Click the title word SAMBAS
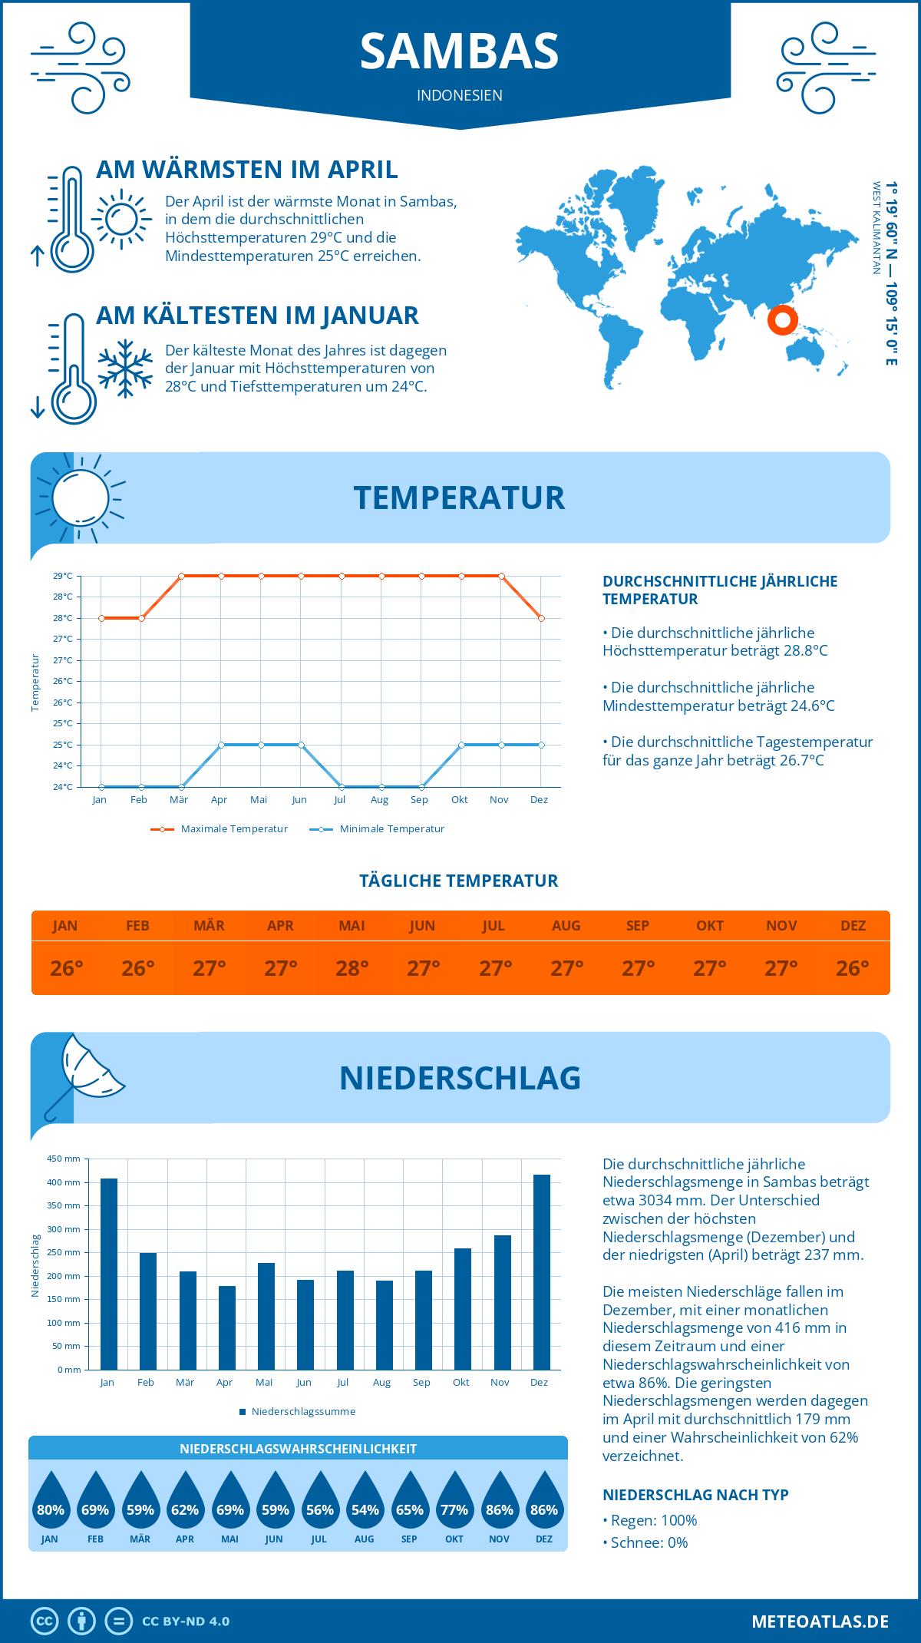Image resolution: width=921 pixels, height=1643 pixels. pyautogui.click(x=460, y=51)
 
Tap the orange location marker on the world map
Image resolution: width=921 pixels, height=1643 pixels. pyautogui.click(x=782, y=320)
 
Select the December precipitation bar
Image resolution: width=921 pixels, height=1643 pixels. pyautogui.click(x=542, y=1271)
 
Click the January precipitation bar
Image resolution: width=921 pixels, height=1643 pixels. pyautogui.click(x=109, y=1274)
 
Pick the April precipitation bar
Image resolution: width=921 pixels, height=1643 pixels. pyautogui.click(x=227, y=1327)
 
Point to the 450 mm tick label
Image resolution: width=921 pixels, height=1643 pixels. pyautogui.click(x=64, y=1159)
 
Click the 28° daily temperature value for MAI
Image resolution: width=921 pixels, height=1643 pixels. pyautogui.click(x=352, y=968)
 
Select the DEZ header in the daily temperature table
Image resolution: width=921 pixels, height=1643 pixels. pyautogui.click(x=853, y=925)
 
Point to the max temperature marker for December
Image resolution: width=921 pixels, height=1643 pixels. pyautogui.click(x=541, y=618)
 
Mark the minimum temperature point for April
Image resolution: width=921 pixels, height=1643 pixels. pyautogui.click(x=221, y=745)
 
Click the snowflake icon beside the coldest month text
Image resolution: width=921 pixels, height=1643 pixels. pyautogui.click(x=125, y=369)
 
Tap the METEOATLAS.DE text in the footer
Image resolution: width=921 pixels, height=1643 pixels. pyautogui.click(x=820, y=1622)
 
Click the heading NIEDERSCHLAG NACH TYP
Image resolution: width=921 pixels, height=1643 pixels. pyautogui.click(x=695, y=1495)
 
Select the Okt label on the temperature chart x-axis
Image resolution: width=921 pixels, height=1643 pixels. pyautogui.click(x=459, y=799)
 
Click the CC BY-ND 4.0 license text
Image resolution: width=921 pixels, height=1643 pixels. pyautogui.click(x=186, y=1622)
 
